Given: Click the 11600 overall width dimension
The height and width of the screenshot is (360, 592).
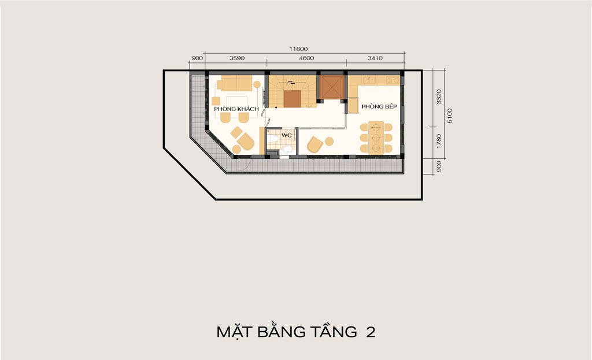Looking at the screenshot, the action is (298, 49).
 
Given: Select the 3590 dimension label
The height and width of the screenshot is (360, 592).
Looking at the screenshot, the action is (236, 58).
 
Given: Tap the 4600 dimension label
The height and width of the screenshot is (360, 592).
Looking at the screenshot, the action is (306, 58).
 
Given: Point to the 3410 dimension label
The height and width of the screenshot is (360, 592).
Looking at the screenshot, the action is (375, 58).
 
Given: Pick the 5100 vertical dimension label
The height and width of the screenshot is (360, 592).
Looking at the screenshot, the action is (449, 116).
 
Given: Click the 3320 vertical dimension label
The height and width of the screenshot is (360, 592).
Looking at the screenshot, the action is (438, 97).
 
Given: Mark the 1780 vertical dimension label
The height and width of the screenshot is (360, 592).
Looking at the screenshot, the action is (438, 141).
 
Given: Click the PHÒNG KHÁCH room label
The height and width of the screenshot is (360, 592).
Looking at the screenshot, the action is (236, 109).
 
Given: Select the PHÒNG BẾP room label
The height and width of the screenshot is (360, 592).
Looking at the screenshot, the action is (379, 106).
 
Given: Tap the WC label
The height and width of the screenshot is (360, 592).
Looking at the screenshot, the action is (287, 135).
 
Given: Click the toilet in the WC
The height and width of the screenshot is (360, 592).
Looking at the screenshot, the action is (273, 139).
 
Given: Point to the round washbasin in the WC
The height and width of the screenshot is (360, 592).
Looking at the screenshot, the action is (288, 150).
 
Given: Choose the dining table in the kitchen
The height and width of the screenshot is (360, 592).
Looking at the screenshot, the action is (376, 138).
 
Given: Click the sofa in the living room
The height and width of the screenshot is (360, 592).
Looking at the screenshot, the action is (235, 83).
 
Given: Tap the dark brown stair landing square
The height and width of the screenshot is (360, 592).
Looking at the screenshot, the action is (292, 99).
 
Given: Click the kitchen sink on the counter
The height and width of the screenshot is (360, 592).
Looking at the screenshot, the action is (369, 80).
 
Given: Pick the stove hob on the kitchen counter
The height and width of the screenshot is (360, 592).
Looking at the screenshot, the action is (393, 80).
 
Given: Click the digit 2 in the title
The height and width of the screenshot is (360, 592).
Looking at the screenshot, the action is (371, 332).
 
